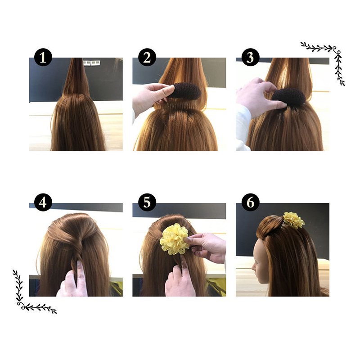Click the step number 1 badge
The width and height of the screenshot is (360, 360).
pyautogui.click(x=43, y=58)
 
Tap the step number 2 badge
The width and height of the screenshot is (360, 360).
pyautogui.click(x=147, y=58)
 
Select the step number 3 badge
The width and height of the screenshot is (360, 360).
pyautogui.click(x=250, y=58)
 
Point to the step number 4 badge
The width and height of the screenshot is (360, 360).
pyautogui.click(x=43, y=202)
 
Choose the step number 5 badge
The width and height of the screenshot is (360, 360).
pyautogui.click(x=147, y=202)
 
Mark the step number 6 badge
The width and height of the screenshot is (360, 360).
pyautogui.click(x=250, y=202)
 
